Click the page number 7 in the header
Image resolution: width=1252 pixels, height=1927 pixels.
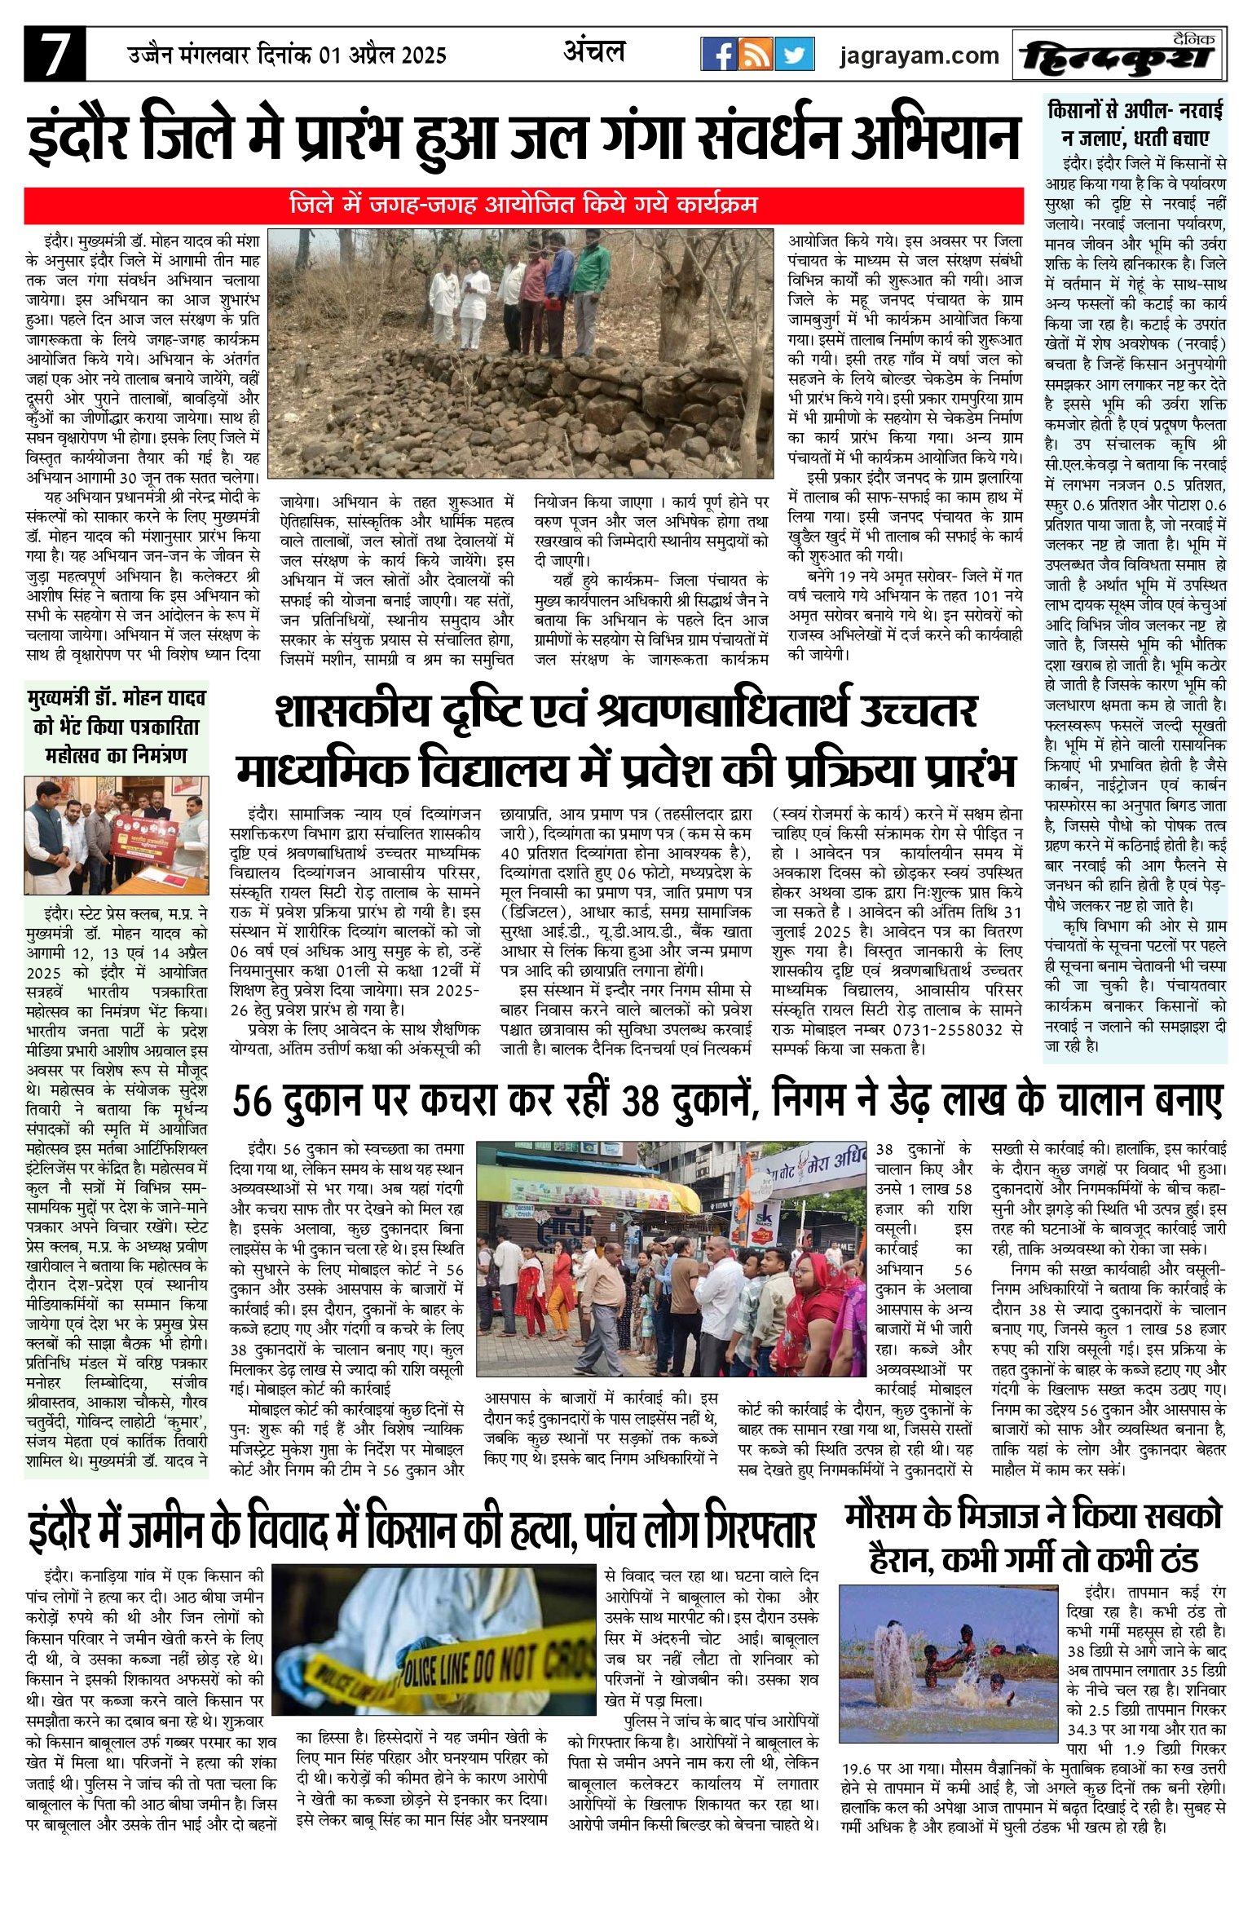coord(54,55)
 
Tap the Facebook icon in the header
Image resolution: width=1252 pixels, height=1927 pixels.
coord(719,55)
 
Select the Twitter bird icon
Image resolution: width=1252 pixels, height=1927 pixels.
coord(794,55)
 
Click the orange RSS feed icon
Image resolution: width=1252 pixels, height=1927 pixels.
coord(756,55)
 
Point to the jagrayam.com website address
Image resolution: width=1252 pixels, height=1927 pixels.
coord(919,55)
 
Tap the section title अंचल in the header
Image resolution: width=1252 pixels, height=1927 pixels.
coord(593,52)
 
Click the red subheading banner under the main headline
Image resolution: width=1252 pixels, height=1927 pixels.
coord(523,204)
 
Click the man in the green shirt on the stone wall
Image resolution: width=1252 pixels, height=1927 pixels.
coord(592,281)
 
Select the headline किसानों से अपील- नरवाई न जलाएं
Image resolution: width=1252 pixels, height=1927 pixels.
coord(1135,123)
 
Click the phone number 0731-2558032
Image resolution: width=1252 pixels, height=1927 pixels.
coord(957,1030)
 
